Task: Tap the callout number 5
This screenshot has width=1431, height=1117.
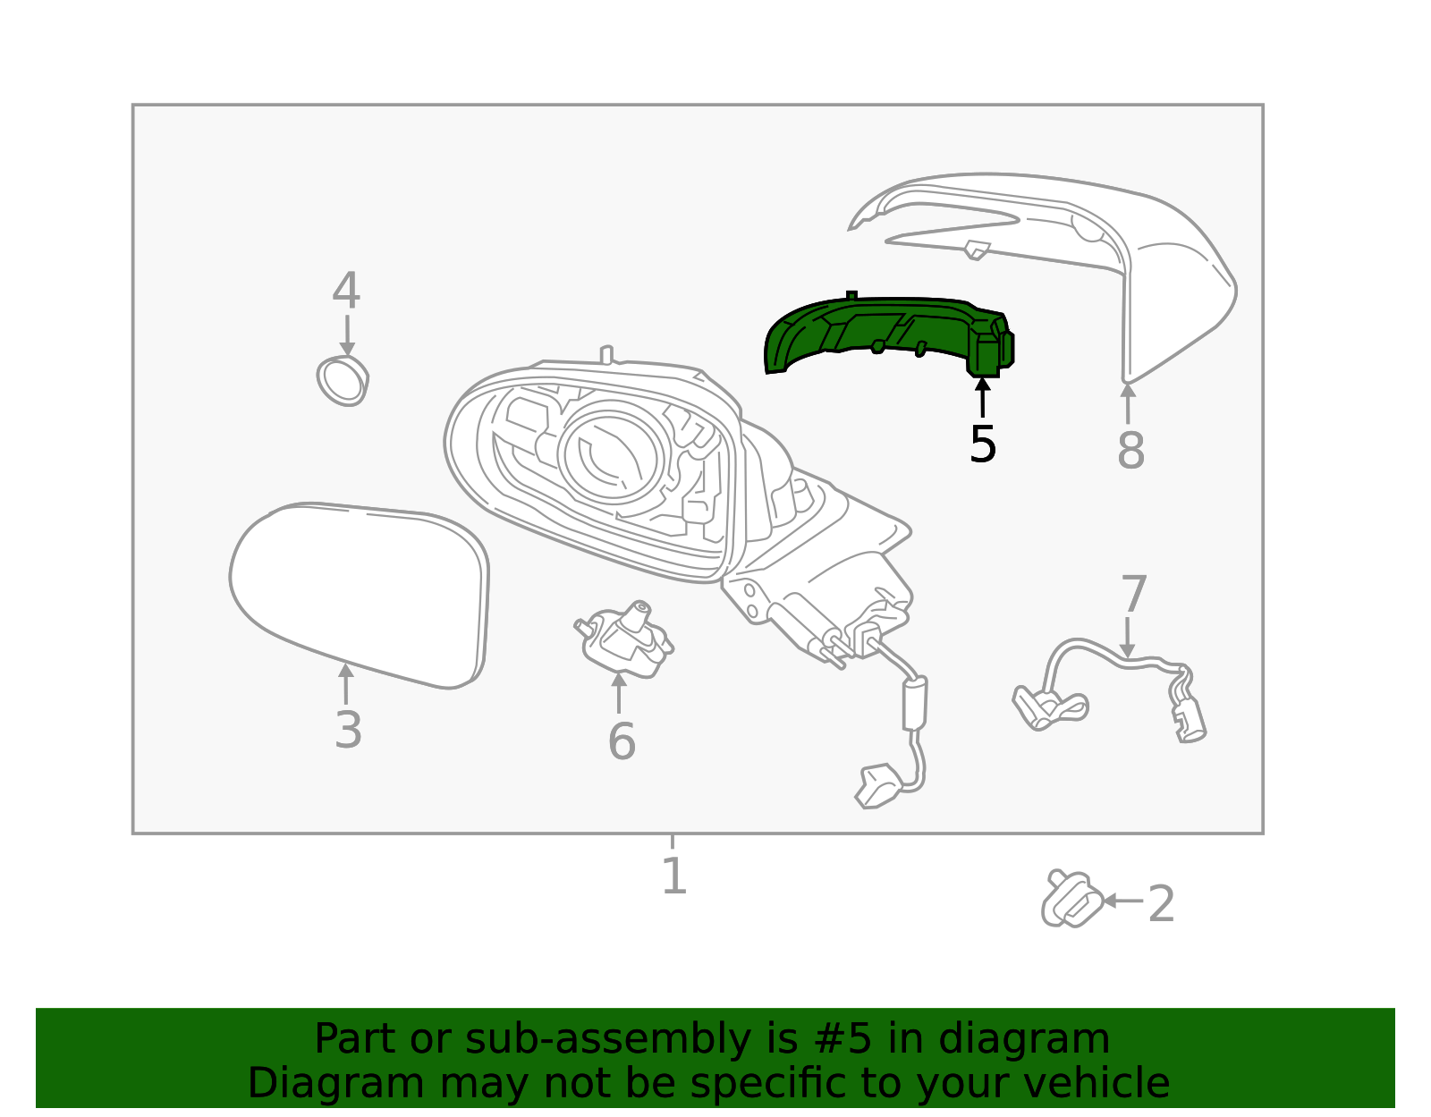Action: [982, 444]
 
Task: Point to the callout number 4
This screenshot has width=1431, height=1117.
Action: [346, 291]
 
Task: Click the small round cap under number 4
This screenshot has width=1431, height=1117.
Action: [343, 380]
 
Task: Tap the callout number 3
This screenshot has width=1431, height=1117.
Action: [348, 730]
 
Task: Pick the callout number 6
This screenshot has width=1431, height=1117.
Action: [621, 741]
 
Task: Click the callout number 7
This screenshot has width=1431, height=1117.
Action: [1133, 595]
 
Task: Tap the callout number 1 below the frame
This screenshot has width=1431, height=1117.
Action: [673, 876]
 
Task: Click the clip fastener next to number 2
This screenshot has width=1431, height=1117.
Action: [1070, 900]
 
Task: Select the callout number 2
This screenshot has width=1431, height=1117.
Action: [1160, 904]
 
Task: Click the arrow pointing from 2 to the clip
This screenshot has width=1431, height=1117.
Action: [1122, 901]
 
